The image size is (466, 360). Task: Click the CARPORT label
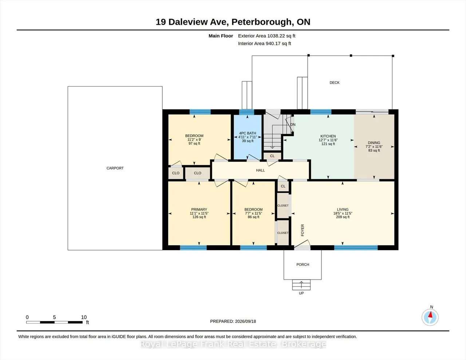(x=115, y=168)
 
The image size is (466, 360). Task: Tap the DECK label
(x=335, y=83)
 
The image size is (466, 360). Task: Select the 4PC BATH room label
(x=248, y=133)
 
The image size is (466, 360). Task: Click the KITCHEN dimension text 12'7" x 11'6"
(x=328, y=140)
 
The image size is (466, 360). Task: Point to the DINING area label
(x=374, y=143)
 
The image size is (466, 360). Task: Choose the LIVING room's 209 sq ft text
(x=343, y=217)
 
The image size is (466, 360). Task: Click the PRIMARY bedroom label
(x=199, y=209)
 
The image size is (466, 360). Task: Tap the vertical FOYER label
(x=303, y=230)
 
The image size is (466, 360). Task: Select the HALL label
(x=260, y=170)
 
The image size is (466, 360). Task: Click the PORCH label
(x=303, y=265)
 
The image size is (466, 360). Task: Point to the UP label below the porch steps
(x=301, y=293)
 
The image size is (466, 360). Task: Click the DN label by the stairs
(x=293, y=124)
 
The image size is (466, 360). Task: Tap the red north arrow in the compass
(x=430, y=315)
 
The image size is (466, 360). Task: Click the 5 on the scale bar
(x=54, y=317)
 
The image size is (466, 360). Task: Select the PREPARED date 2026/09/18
(x=245, y=321)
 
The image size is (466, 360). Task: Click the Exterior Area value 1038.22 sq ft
(x=281, y=36)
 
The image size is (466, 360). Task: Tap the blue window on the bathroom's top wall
(x=246, y=112)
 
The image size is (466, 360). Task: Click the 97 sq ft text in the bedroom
(x=194, y=143)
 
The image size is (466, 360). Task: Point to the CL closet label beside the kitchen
(x=272, y=156)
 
